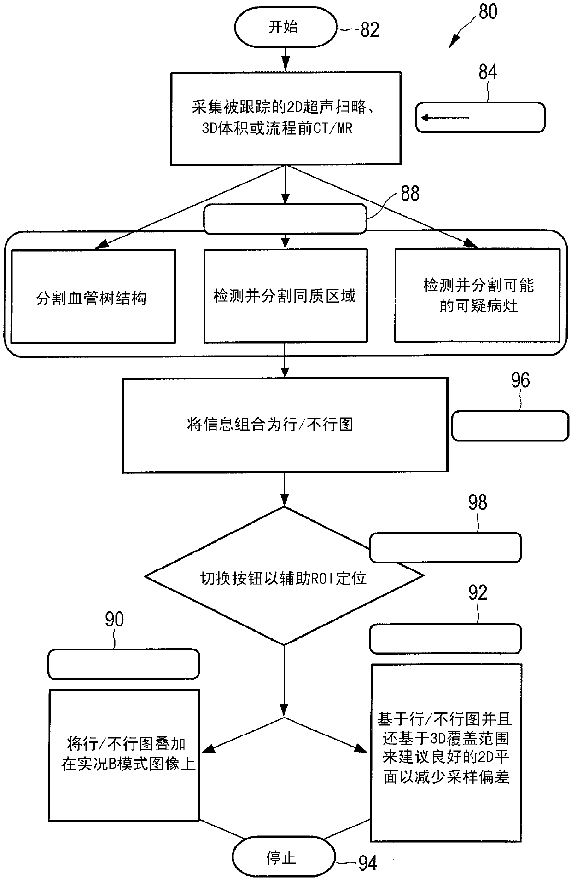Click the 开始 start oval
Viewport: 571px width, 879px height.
pos(285,27)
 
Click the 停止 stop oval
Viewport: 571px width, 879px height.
pos(283,858)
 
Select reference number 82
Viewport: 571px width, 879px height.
pos(369,30)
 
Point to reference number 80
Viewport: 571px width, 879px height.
pos(488,11)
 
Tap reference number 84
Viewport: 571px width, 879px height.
pos(488,72)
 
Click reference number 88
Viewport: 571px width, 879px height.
pos(410,194)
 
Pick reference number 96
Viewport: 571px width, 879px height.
pos(520,380)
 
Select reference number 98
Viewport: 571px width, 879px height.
pos(478,503)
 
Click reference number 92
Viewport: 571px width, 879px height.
pos(478,593)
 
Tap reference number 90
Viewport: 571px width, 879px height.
pos(115,620)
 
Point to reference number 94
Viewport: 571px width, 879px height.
pos(368,863)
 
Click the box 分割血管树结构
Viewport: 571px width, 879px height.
pos(93,297)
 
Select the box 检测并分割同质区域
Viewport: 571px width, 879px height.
pos(285,296)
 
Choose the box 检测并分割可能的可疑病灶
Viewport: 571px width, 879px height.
pos(478,295)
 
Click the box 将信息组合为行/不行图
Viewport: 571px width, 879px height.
pos(285,425)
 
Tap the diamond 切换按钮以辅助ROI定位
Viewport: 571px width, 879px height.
pos(284,576)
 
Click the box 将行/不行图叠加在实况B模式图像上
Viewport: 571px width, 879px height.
pos(124,755)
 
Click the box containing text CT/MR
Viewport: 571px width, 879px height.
pos(285,118)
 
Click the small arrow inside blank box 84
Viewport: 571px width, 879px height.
pos(445,118)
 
